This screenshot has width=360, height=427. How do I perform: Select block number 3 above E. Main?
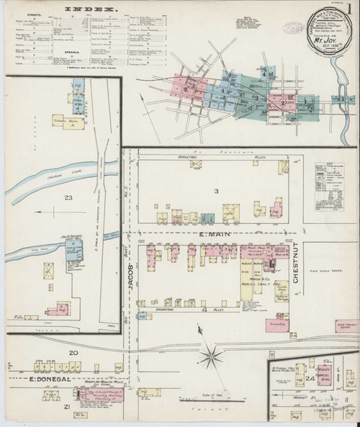click(215, 190)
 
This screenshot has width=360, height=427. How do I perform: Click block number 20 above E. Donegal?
click(73, 352)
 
